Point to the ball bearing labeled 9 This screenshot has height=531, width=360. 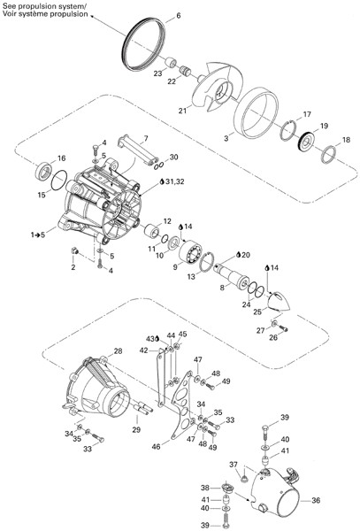[190, 251]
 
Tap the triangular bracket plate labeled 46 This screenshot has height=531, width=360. [181, 405]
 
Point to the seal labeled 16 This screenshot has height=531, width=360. [43, 171]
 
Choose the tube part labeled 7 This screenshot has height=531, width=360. [138, 150]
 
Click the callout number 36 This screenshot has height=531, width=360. [316, 500]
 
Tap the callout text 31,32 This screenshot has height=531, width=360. [175, 181]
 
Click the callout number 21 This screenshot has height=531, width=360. [183, 111]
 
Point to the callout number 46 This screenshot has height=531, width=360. [156, 447]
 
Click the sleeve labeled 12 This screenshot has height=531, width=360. [151, 231]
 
